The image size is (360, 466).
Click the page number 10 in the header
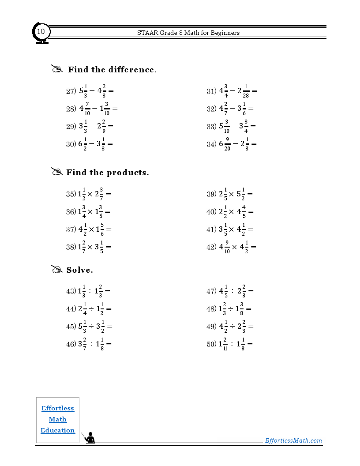click(x=41, y=32)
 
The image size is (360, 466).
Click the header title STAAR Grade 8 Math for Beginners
click(x=188, y=33)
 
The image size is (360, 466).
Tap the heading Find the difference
click(x=112, y=70)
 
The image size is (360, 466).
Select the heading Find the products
click(x=108, y=173)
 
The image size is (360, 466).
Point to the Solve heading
click(x=80, y=270)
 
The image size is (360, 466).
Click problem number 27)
click(x=71, y=91)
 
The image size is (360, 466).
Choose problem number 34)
click(x=211, y=144)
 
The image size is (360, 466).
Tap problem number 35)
click(x=71, y=194)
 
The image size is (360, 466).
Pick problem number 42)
click(x=211, y=247)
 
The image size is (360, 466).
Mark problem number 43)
click(x=71, y=291)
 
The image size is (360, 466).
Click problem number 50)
click(x=211, y=344)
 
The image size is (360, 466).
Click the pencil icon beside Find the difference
click(x=57, y=69)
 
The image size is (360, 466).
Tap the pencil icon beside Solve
click(x=57, y=269)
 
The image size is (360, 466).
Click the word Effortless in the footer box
click(x=58, y=408)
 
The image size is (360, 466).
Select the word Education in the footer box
click(x=58, y=430)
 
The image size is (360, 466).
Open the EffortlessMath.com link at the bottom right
click(x=293, y=440)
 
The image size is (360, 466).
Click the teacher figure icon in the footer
click(x=90, y=438)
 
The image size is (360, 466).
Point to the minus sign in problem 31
click(x=232, y=91)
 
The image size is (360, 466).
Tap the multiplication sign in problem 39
click(x=232, y=194)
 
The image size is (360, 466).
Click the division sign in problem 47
click(x=232, y=291)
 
